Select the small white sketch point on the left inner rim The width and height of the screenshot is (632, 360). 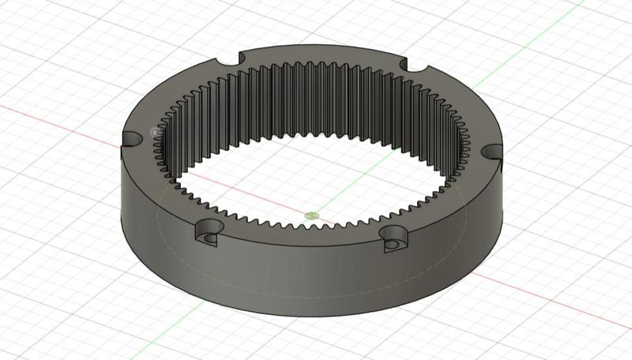(x=154, y=131)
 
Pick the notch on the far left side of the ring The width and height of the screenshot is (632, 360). (x=132, y=139)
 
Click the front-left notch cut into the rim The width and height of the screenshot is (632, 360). (x=209, y=232)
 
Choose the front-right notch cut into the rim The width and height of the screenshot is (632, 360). (x=395, y=238)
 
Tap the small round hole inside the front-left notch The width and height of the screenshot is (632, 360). (x=209, y=237)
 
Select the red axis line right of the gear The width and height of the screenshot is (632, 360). (x=569, y=308)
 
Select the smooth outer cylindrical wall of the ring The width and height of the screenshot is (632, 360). (x=316, y=284)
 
